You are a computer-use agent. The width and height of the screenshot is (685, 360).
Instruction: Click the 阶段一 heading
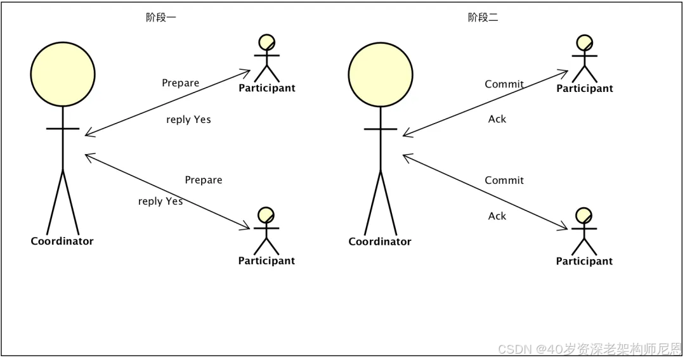click(x=161, y=18)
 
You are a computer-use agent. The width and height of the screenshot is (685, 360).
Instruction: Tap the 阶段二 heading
click(x=483, y=18)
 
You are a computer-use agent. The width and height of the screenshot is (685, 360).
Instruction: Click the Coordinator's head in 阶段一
click(x=63, y=74)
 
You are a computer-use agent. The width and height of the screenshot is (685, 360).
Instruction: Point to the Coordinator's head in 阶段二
click(x=381, y=74)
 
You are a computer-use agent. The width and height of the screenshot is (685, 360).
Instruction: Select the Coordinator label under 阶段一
click(x=62, y=241)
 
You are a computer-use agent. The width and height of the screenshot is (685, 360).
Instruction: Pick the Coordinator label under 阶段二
click(x=380, y=241)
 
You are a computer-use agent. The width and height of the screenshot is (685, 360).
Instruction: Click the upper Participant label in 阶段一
click(x=267, y=88)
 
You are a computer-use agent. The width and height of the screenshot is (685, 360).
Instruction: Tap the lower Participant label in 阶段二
click(x=584, y=261)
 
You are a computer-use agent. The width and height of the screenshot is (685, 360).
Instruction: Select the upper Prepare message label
click(x=181, y=83)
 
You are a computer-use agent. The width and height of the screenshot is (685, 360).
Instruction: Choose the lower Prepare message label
click(x=204, y=180)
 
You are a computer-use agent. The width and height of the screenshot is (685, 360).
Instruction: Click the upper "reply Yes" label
click(x=188, y=120)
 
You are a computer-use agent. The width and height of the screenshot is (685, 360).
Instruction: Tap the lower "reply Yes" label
click(x=160, y=202)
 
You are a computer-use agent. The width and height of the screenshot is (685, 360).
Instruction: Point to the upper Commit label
click(x=504, y=84)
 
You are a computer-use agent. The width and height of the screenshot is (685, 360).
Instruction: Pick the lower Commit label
click(x=504, y=181)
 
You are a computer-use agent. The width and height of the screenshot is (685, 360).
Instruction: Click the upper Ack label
click(x=497, y=119)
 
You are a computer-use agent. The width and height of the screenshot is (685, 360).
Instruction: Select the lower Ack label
click(x=497, y=216)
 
